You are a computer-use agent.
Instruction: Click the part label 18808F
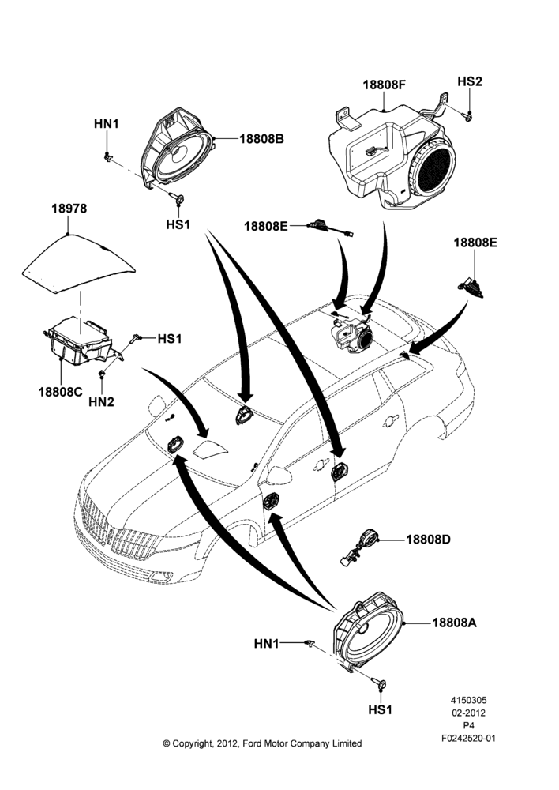point(385,85)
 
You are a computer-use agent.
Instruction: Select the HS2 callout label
point(469,81)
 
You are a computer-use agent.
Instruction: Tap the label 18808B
point(261,138)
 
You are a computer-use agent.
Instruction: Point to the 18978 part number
point(69,208)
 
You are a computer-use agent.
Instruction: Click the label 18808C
point(60,391)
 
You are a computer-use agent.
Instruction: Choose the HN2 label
point(101,401)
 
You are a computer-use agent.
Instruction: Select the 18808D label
point(429,540)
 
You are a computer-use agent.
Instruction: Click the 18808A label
point(454,623)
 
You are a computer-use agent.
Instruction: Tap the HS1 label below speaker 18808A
point(381,709)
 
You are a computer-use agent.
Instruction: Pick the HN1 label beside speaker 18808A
point(266,643)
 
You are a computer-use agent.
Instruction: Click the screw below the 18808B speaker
point(178,198)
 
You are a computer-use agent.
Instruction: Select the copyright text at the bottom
point(262,743)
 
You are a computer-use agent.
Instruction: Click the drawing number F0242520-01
point(468,739)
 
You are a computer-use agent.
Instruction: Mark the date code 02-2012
point(468,713)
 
